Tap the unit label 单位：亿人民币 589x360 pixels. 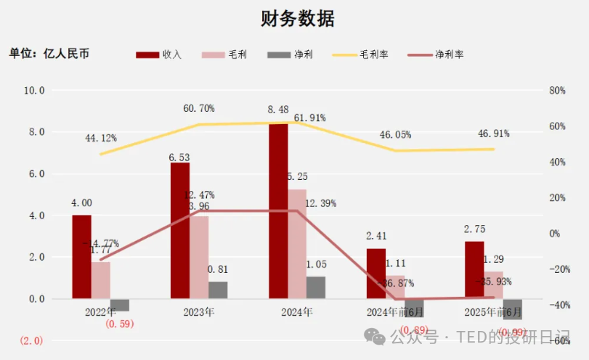(x=49, y=54)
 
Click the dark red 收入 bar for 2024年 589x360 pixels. (x=278, y=210)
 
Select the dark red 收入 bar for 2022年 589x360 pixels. (x=82, y=256)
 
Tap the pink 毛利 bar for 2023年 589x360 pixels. (x=198, y=257)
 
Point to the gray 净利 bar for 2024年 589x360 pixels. (x=316, y=287)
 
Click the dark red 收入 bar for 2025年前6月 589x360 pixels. (x=474, y=269)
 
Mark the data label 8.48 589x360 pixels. (x=278, y=110)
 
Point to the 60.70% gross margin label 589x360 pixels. (x=198, y=108)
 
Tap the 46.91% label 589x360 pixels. (x=493, y=134)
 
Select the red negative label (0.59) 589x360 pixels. (x=120, y=324)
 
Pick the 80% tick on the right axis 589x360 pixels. (x=557, y=91)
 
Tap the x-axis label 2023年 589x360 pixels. (x=198, y=312)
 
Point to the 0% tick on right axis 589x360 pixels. (x=554, y=234)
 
